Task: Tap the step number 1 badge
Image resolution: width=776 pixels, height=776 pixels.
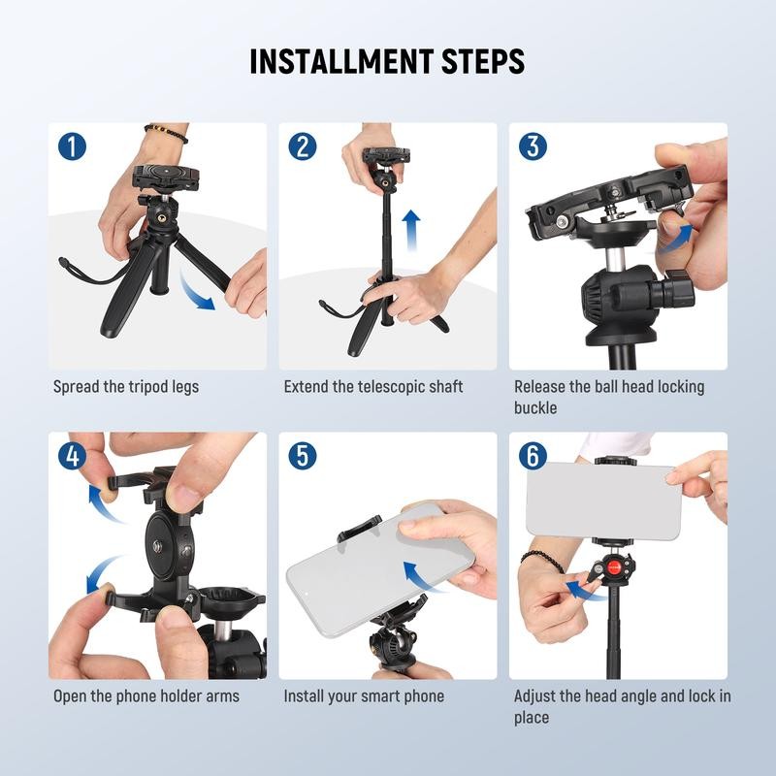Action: [x=72, y=146]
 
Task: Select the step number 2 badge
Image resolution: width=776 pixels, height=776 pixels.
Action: [x=303, y=146]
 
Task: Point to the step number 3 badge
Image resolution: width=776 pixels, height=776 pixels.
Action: [x=533, y=146]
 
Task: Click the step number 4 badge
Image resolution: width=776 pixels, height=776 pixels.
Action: [x=72, y=456]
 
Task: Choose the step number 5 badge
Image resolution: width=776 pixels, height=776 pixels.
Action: [x=303, y=456]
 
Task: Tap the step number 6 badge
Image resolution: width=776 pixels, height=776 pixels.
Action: [x=533, y=456]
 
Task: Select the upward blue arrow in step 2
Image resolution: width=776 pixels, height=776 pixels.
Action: [x=411, y=231]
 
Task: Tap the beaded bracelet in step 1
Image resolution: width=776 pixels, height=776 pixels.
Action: [x=166, y=132]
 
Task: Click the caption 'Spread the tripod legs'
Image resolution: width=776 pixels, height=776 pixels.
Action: [x=125, y=387]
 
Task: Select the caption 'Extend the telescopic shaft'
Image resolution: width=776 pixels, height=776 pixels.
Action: [x=373, y=387]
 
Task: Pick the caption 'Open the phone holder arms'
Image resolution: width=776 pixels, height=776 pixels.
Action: [x=145, y=696]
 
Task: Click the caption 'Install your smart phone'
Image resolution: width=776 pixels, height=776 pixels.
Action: [x=364, y=696]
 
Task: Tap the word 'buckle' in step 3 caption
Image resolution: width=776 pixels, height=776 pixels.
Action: [x=535, y=408]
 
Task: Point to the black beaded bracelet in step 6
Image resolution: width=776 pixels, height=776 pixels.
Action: [x=542, y=560]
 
